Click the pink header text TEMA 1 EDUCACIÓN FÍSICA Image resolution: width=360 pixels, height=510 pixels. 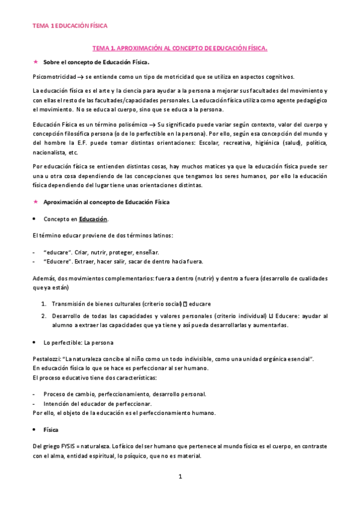(70, 26)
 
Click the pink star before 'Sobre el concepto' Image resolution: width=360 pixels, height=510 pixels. (35, 61)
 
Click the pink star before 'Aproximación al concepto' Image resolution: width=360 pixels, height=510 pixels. (35, 202)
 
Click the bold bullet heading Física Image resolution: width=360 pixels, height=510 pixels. (52, 431)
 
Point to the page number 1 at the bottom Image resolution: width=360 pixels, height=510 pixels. (180, 476)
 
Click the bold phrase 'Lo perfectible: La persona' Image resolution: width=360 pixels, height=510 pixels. (75, 342)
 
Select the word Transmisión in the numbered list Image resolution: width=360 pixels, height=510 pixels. (72, 303)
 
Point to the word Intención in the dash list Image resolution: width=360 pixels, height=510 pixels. (57, 404)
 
